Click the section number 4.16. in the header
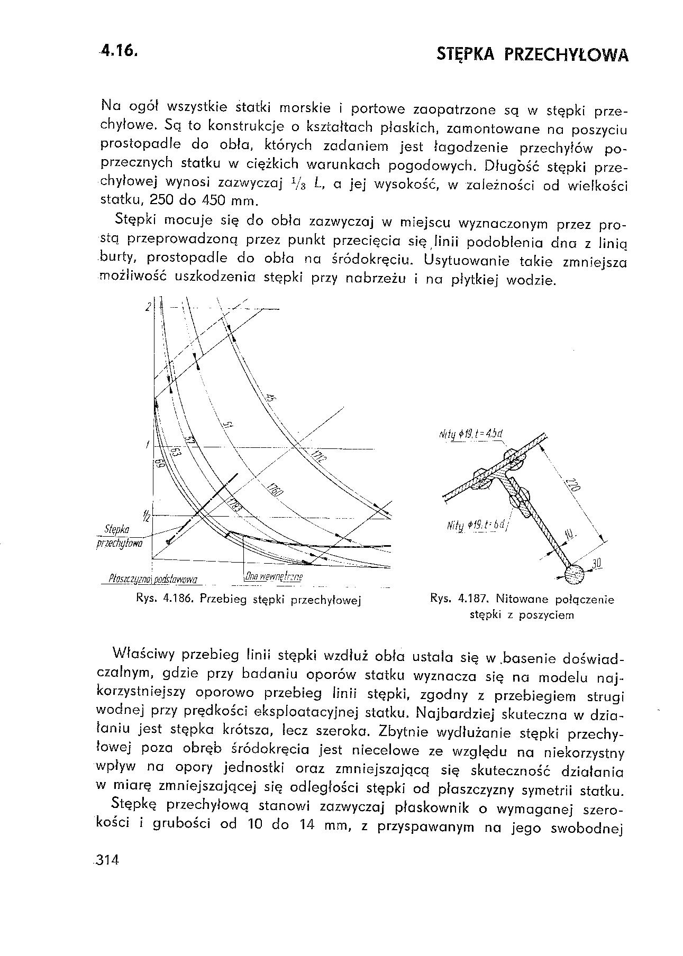(121, 51)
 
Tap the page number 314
(106, 860)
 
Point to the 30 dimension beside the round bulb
(597, 564)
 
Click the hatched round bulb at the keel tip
(573, 574)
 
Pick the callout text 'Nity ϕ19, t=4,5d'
(470, 435)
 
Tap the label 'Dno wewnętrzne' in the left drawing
(273, 576)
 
